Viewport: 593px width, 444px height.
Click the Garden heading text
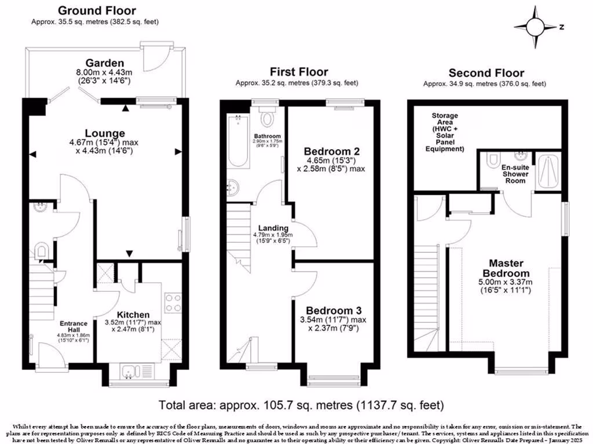[x=104, y=62]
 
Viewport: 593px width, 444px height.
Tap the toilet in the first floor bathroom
[x=267, y=119]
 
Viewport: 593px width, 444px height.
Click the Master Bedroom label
[x=506, y=268]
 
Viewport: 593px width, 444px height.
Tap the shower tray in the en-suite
[x=548, y=171]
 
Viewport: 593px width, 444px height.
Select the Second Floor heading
[x=486, y=73]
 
